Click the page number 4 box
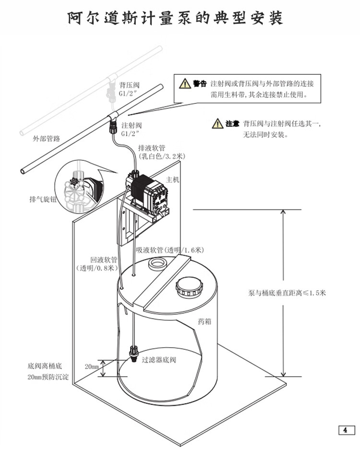(345, 429)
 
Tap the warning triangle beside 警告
(185, 84)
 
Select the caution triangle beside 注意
(217, 124)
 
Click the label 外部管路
(46, 139)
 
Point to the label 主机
(172, 179)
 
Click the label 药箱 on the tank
(205, 321)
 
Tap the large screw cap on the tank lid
(191, 287)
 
